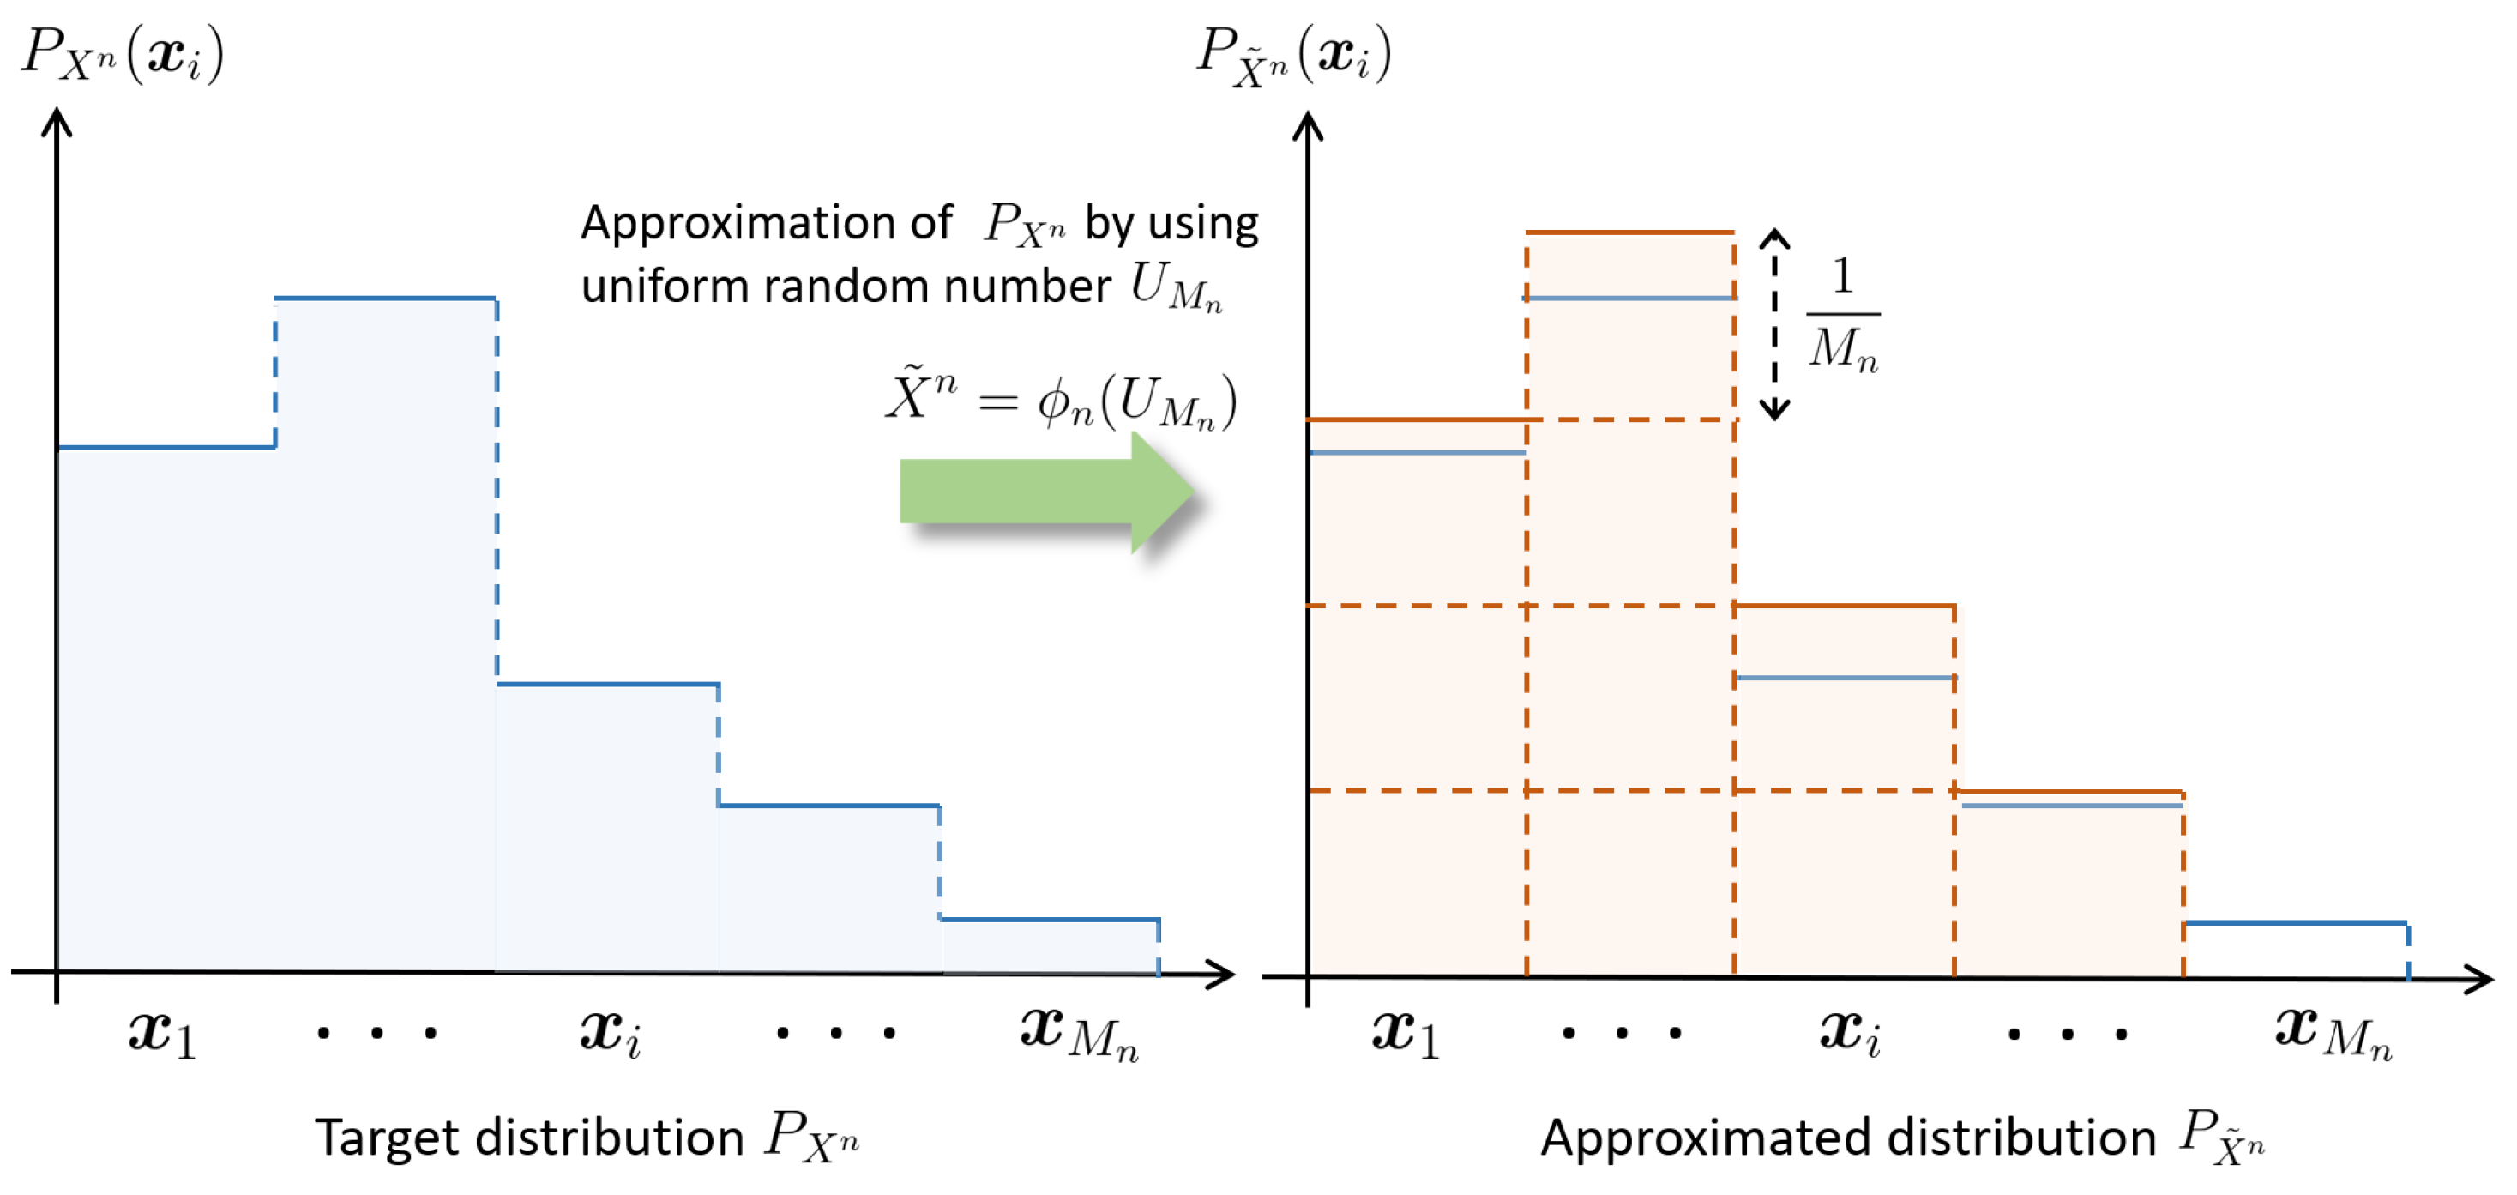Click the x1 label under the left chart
pos(162,1033)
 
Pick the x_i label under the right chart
pos(1850,1033)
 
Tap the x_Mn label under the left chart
pos(1079,1033)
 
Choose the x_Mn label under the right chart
pos(2333,1033)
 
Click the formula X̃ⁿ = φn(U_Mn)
pos(1061,400)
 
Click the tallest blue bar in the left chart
pos(386,635)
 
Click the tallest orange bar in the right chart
pos(1629,606)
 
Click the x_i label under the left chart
pos(611,1033)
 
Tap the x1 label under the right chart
pos(1405,1033)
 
